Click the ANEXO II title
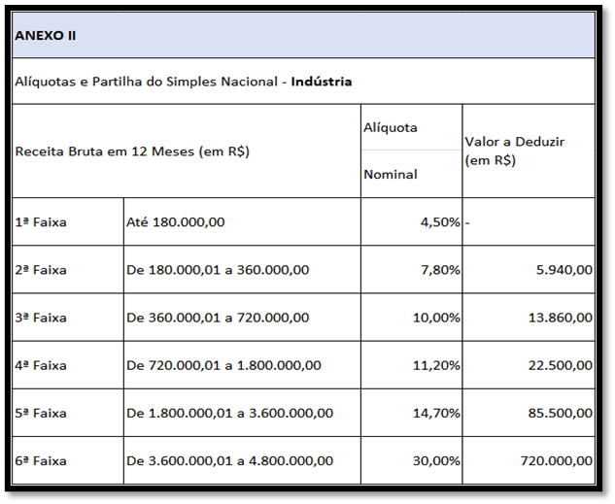tap(46, 36)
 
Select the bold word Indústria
tap(321, 82)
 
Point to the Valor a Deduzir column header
tap(514, 151)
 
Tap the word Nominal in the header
tap(390, 175)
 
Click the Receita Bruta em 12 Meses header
tap(133, 151)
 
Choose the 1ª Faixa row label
tap(41, 221)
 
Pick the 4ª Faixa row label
tap(41, 365)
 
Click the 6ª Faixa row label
tap(41, 460)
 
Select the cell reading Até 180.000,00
tap(176, 221)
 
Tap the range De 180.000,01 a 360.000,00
tap(218, 270)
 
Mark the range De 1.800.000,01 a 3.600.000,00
tap(229, 413)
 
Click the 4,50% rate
tap(440, 222)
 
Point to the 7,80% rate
tap(440, 270)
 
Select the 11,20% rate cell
tap(436, 365)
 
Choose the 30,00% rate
tap(436, 460)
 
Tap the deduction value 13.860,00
tap(559, 318)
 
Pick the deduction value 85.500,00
tap(559, 413)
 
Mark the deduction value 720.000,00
tap(555, 460)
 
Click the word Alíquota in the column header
tap(390, 128)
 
